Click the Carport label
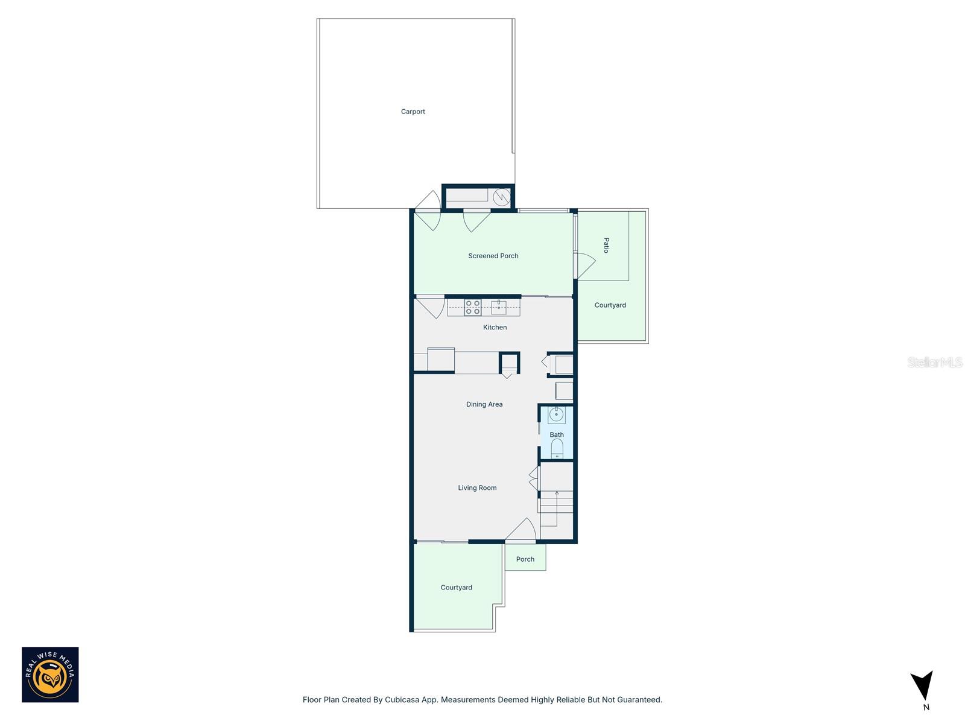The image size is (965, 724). (x=413, y=112)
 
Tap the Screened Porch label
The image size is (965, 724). (x=493, y=256)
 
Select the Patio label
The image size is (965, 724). (x=606, y=245)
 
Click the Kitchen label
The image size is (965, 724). (x=495, y=327)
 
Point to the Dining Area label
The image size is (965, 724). (x=484, y=404)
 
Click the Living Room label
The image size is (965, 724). (x=477, y=487)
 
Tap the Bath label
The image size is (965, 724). (x=556, y=434)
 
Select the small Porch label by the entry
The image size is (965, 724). (x=525, y=559)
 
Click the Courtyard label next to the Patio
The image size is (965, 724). (x=610, y=305)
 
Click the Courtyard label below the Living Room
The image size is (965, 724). (x=456, y=587)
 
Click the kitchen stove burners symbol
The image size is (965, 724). (x=473, y=308)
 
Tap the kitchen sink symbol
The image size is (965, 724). (x=499, y=307)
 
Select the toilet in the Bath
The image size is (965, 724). (x=557, y=448)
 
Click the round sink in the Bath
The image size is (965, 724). (x=556, y=415)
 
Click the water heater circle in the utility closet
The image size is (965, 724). (x=502, y=197)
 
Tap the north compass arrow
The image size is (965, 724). (x=923, y=685)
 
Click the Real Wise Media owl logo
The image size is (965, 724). (x=50, y=675)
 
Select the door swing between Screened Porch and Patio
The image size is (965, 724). (x=586, y=264)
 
